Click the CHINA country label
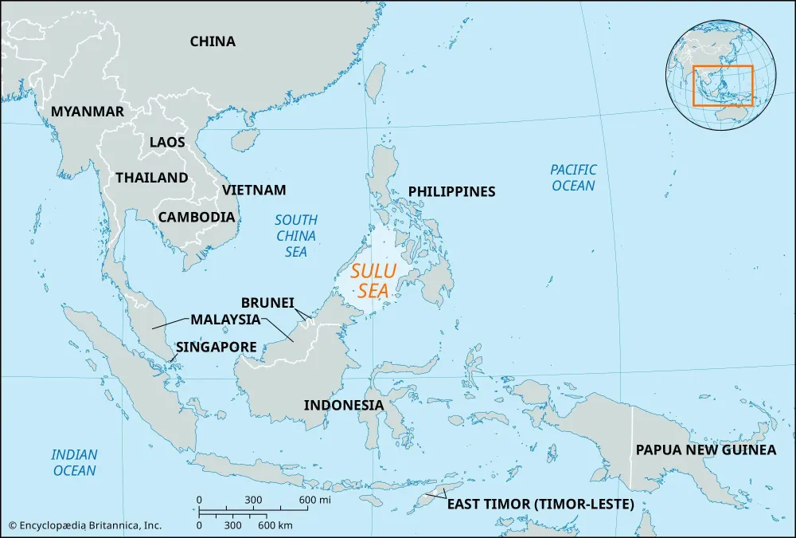click(213, 41)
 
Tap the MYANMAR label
click(88, 112)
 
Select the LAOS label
click(167, 143)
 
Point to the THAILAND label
click(152, 178)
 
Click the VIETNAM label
click(254, 190)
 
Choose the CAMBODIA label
click(197, 217)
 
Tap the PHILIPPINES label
click(451, 191)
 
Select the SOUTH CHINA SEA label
click(296, 236)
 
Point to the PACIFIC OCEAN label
click(573, 177)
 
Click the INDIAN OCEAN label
click(75, 462)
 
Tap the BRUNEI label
click(268, 303)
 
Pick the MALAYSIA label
click(225, 320)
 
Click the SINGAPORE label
click(216, 348)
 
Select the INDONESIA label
click(344, 405)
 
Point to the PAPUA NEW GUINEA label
click(705, 450)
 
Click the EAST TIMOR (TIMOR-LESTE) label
click(540, 505)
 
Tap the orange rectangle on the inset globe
click(723, 85)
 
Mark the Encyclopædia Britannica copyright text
click(85, 525)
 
